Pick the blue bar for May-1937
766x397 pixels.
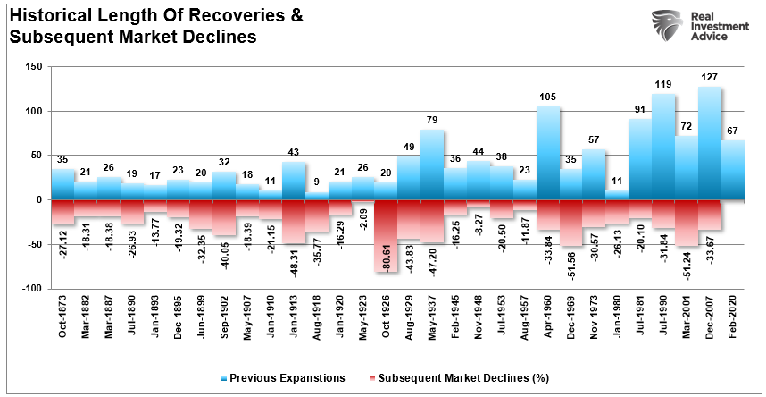click(432, 165)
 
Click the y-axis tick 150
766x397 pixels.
click(34, 67)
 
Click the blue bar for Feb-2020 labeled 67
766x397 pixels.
click(733, 170)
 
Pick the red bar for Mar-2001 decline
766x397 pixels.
click(687, 223)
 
